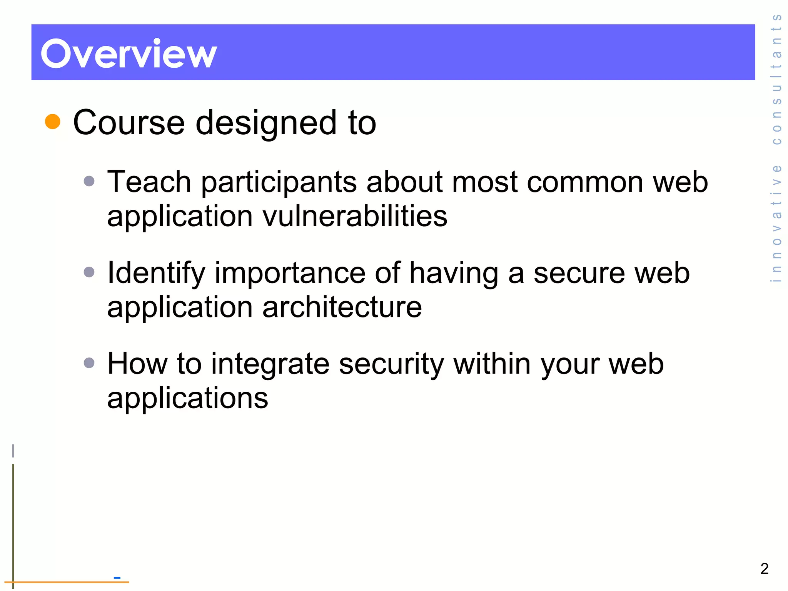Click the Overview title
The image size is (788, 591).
click(x=129, y=54)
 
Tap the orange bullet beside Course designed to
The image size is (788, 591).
click(x=53, y=122)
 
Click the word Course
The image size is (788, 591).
click(x=129, y=123)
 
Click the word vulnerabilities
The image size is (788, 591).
click(x=355, y=216)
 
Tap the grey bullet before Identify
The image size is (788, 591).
click(x=89, y=272)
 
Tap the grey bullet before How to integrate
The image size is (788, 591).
click(x=89, y=363)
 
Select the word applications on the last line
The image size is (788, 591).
click(x=187, y=399)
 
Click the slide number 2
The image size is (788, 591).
click(x=764, y=569)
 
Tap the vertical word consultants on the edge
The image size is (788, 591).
click(x=776, y=79)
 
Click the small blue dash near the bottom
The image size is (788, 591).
click(x=117, y=578)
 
